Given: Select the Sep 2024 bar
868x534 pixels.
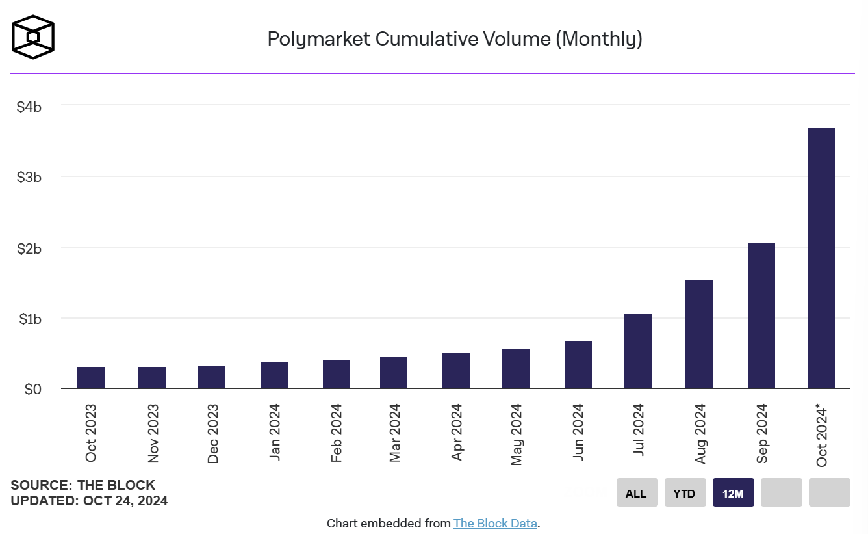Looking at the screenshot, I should pyautogui.click(x=761, y=315).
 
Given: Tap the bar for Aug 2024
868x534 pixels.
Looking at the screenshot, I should pyautogui.click(x=698, y=334).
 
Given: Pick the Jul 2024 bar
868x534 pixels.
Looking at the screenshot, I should pyautogui.click(x=637, y=351).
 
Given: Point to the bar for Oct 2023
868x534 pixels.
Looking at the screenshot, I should pyautogui.click(x=90, y=378).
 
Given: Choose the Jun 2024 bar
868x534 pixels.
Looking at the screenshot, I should pyautogui.click(x=578, y=365).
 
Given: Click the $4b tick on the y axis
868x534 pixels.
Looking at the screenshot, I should pyautogui.click(x=29, y=106).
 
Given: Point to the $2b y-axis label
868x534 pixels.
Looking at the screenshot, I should pyautogui.click(x=29, y=248).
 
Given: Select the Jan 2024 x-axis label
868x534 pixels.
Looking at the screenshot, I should pyautogui.click(x=275, y=433).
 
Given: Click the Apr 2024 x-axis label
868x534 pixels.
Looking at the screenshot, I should pyautogui.click(x=457, y=433).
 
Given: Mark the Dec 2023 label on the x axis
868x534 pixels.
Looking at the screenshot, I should pyautogui.click(x=213, y=434).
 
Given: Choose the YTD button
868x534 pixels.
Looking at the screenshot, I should pyautogui.click(x=684, y=493).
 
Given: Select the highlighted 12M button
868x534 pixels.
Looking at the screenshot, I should pyautogui.click(x=733, y=493).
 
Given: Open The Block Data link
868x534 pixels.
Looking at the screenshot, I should pyautogui.click(x=495, y=523).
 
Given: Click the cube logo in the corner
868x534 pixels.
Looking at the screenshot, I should pyautogui.click(x=33, y=37).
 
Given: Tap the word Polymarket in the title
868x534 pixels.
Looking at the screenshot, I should pyautogui.click(x=319, y=39).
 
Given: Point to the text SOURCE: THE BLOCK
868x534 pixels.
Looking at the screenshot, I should pyautogui.click(x=83, y=485).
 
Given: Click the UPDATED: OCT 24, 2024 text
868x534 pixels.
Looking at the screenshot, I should pyautogui.click(x=89, y=501).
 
